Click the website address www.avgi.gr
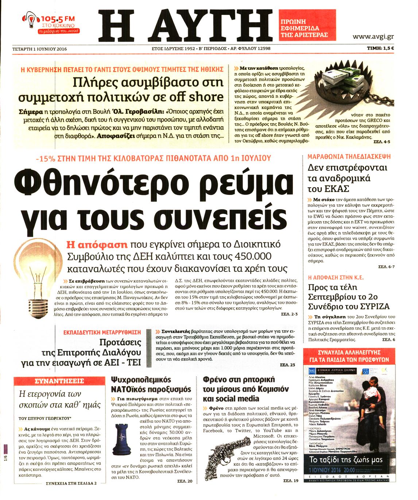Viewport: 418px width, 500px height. [373, 36]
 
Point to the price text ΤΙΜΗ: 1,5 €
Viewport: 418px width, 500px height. [381, 48]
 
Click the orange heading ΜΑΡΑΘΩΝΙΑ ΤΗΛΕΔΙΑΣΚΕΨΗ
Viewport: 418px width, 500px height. [349, 157]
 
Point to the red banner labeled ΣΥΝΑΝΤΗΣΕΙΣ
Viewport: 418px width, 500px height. [59, 381]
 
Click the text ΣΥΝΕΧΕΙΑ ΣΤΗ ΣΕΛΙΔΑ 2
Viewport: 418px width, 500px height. [71, 483]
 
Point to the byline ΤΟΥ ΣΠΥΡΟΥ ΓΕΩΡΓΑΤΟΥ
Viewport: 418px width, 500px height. [45, 418]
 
